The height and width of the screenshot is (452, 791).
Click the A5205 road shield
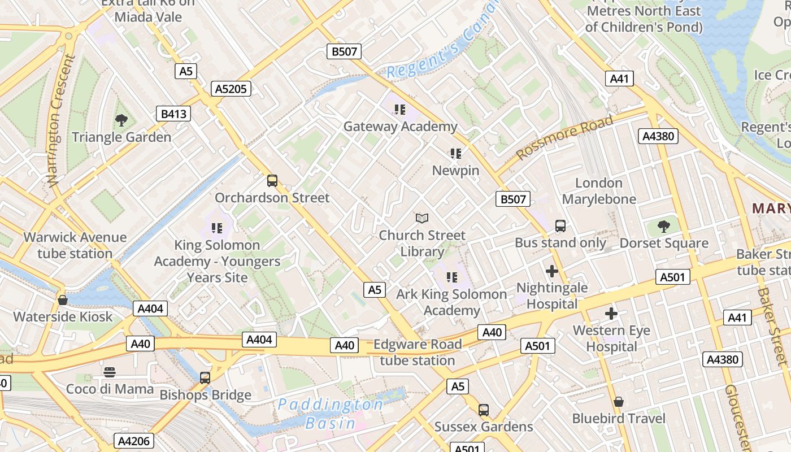(231, 89)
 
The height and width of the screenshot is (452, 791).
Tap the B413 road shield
(173, 114)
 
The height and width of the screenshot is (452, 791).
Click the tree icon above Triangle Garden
(121, 120)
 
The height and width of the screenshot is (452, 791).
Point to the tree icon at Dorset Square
(664, 227)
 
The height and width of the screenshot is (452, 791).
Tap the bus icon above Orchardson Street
(272, 181)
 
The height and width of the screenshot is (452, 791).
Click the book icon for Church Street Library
(422, 218)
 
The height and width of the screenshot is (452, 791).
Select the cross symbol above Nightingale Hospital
(552, 271)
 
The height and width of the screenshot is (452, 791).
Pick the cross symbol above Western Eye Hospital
(611, 314)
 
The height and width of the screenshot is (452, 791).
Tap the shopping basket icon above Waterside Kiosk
(63, 300)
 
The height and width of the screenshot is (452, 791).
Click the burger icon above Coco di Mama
(110, 372)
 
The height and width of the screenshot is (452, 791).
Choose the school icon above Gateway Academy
(400, 110)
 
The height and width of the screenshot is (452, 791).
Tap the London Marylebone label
(599, 191)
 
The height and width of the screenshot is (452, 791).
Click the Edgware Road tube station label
(418, 352)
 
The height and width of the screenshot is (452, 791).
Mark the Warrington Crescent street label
(62, 120)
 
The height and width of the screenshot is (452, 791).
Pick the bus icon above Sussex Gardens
(483, 410)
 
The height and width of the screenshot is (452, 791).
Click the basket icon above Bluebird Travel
(619, 402)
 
